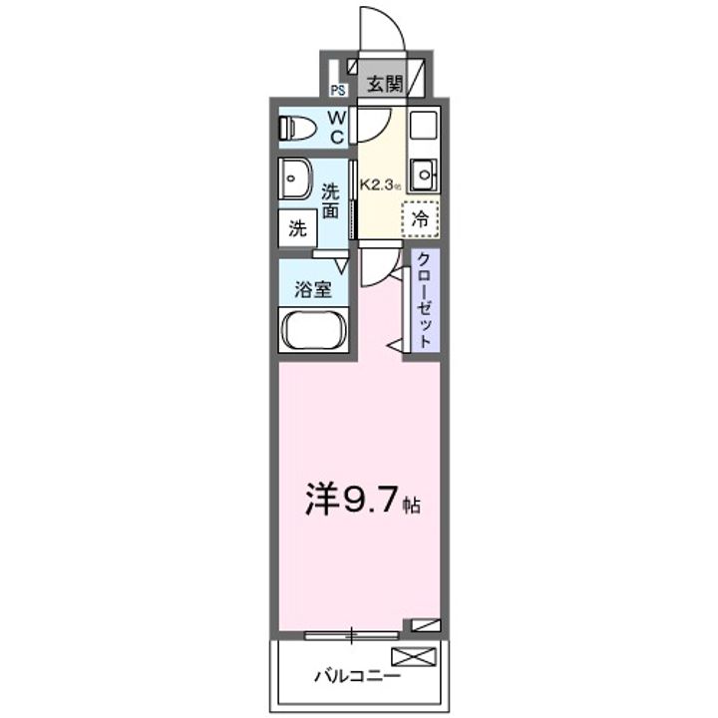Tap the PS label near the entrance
coord(337,91)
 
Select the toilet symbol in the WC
coord(296,127)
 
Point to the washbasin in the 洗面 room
coord(296,180)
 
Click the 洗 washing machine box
coord(297,227)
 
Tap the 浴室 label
coord(312,290)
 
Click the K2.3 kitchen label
coord(380,184)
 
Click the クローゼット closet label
coord(422,300)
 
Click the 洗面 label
coord(330,199)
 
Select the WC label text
coord(337,127)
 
